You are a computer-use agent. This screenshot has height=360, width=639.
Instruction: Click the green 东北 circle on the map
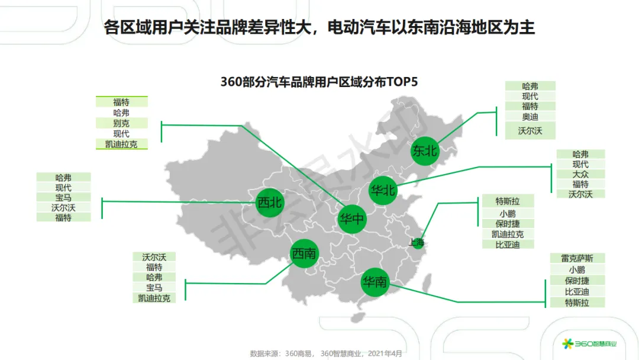(x=425, y=152)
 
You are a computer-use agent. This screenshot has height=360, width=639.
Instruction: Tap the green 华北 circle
(x=382, y=191)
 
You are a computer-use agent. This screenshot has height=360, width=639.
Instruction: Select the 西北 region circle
(x=270, y=203)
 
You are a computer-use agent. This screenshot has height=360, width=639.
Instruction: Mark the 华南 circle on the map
(x=376, y=282)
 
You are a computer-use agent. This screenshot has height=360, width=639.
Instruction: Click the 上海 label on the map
(x=416, y=242)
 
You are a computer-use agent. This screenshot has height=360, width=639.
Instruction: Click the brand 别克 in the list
(x=121, y=123)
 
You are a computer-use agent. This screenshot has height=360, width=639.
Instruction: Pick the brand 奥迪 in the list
(x=530, y=117)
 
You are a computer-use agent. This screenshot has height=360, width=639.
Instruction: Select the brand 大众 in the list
(x=580, y=174)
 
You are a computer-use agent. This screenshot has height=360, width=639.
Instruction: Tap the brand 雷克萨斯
(x=577, y=258)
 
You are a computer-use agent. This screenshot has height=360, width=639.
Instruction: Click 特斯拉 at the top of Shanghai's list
(x=508, y=201)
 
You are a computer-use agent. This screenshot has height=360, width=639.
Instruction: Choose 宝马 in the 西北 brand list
(x=63, y=197)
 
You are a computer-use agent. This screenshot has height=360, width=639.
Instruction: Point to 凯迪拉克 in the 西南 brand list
(x=154, y=298)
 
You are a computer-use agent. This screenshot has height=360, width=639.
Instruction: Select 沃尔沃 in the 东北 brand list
(x=530, y=130)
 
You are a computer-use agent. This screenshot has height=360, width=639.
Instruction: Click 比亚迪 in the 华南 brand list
(x=577, y=291)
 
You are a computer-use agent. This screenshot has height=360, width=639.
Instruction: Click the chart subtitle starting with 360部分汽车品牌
(x=319, y=82)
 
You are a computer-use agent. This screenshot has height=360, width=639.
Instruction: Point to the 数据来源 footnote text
(x=325, y=353)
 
